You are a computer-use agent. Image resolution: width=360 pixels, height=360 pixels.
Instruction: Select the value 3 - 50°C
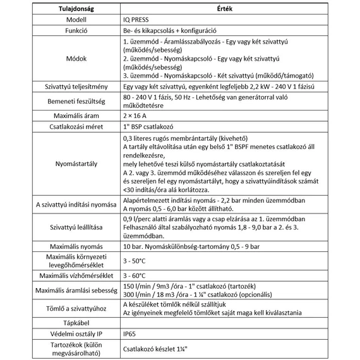pos(136,260)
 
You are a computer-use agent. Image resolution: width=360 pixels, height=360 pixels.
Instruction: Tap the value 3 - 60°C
pos(136,275)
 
